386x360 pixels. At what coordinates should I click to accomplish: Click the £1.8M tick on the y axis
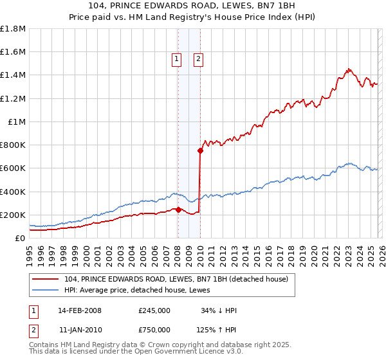(13, 29)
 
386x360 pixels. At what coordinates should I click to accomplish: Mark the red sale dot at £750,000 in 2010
(200, 151)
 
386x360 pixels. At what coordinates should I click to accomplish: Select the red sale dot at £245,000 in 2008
(178, 210)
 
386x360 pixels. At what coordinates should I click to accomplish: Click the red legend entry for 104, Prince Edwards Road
(179, 279)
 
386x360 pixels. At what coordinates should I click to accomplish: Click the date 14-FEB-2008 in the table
(80, 310)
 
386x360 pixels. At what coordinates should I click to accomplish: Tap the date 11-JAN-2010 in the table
(80, 330)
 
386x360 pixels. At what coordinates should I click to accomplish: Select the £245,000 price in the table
(154, 310)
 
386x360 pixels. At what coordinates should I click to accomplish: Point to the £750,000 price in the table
(154, 330)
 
